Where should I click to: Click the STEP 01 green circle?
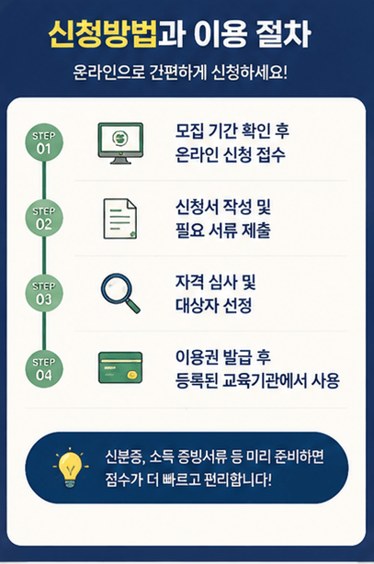[x=44, y=142]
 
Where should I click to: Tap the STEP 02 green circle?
[x=44, y=218]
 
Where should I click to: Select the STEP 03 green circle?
[x=44, y=294]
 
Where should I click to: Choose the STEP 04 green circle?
[x=44, y=369]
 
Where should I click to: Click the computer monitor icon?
[x=120, y=143]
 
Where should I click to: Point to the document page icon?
[x=120, y=219]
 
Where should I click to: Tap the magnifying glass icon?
[x=120, y=294]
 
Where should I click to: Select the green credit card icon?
[x=120, y=367]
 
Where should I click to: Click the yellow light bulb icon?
[x=71, y=468]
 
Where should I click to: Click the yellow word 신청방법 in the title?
[x=103, y=35]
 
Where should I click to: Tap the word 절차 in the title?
[x=283, y=35]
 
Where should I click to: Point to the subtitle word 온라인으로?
[x=108, y=73]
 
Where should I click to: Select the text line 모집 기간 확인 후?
[x=232, y=131]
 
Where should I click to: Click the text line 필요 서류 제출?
[x=222, y=231]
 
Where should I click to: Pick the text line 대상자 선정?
[x=213, y=306]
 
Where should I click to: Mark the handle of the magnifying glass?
[x=132, y=306]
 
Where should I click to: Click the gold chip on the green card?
[x=132, y=375]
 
